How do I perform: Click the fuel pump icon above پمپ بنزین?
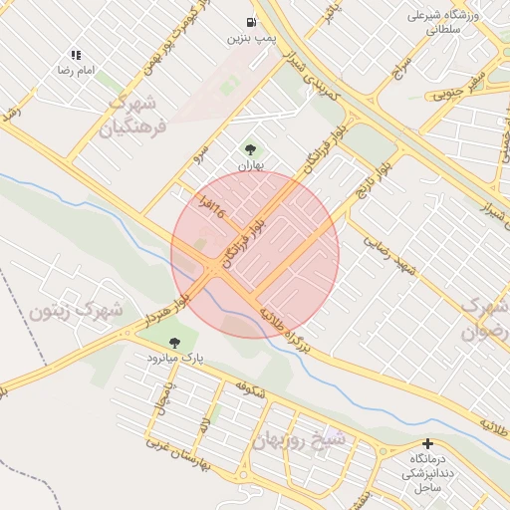(x=250, y=21)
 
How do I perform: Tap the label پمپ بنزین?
(x=250, y=39)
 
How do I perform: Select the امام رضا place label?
(x=76, y=71)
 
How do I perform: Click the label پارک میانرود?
(x=175, y=356)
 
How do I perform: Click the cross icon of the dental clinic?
(x=428, y=443)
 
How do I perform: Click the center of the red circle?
(x=255, y=254)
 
